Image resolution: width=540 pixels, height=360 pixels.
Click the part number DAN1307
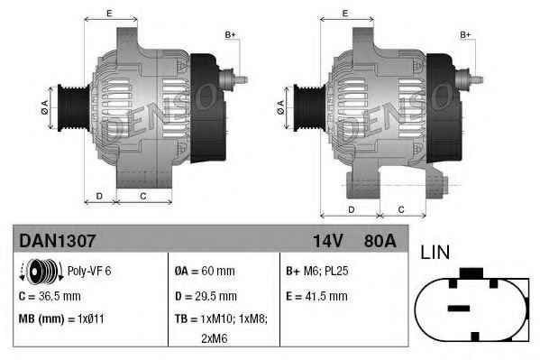coord(57,241)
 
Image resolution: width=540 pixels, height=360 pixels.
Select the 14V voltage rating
coord(327,241)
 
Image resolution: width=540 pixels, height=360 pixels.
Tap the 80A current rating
coord(380,241)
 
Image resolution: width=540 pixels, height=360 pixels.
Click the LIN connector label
coord(435,252)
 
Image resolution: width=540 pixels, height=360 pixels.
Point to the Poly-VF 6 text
coord(89,271)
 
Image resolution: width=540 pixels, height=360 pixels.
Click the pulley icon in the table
coord(41,272)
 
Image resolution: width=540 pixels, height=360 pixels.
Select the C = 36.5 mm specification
coord(50,296)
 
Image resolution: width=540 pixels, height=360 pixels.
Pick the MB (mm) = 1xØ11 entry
coord(61,319)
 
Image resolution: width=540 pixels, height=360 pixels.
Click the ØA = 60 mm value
coord(205,271)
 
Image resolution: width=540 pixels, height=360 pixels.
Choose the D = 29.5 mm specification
coord(206,296)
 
